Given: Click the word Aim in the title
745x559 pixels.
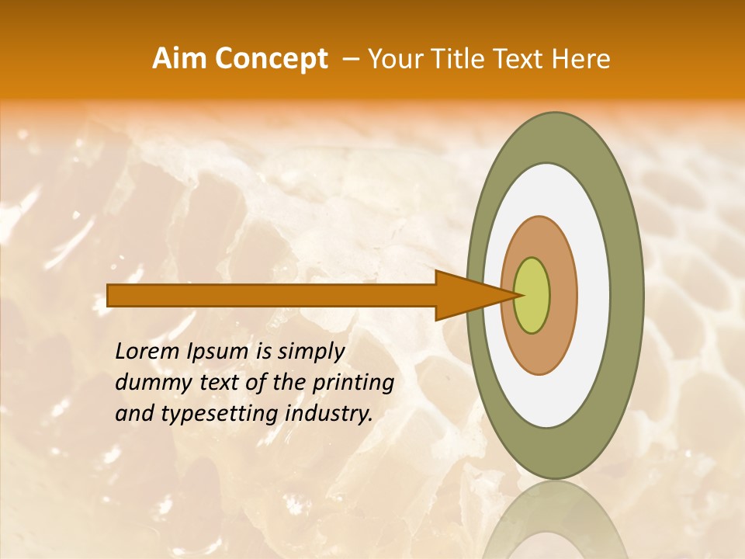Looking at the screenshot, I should pos(180,59).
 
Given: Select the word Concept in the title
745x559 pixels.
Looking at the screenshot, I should pos(271,59).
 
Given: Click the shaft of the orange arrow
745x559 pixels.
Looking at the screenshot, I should pos(272,295).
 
